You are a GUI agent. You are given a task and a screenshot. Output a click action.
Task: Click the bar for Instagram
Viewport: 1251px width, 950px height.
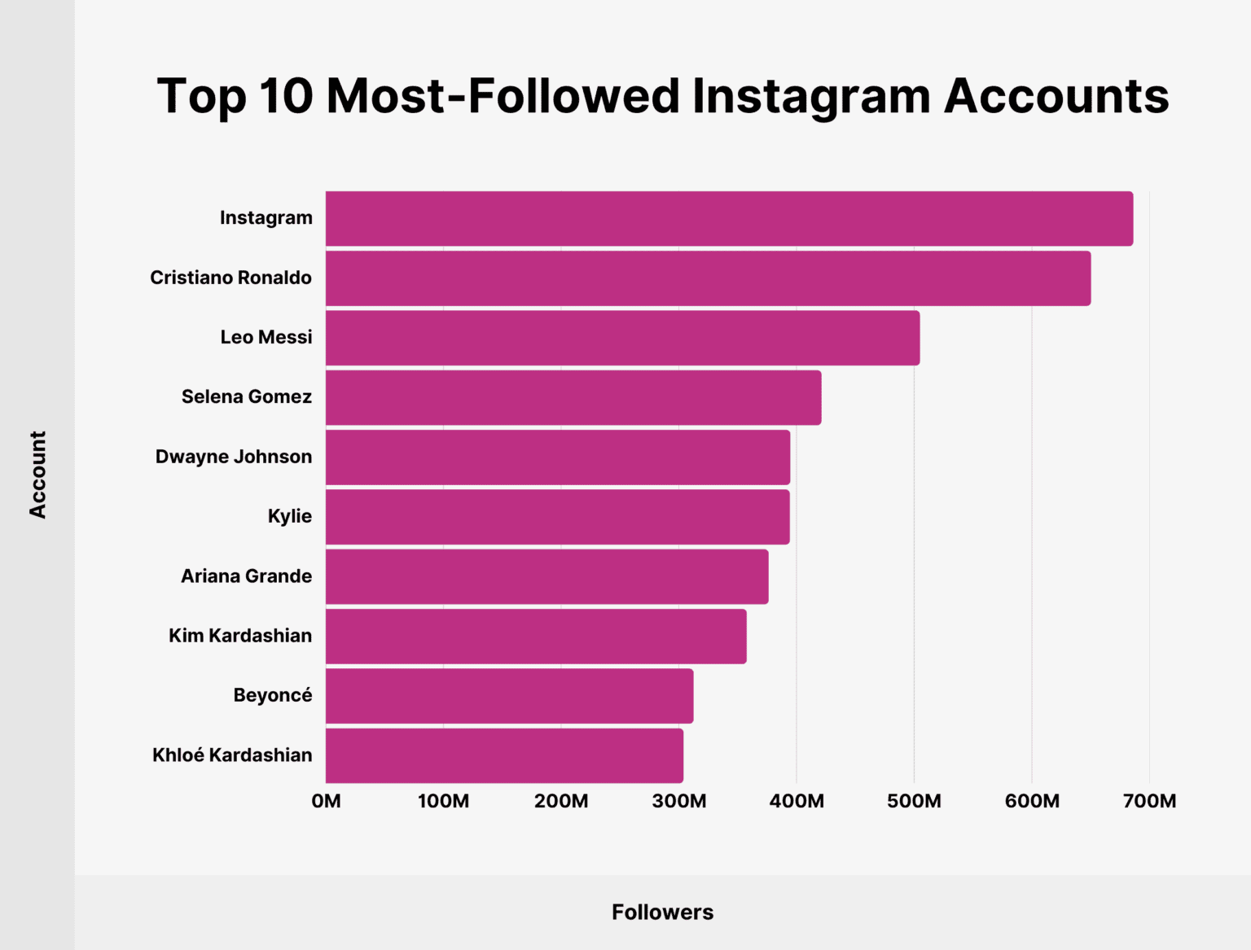coord(729,218)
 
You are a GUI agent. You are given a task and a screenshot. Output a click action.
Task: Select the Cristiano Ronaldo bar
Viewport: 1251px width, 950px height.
coord(708,278)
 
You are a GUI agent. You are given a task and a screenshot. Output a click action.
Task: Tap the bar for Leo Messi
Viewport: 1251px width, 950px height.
coord(622,338)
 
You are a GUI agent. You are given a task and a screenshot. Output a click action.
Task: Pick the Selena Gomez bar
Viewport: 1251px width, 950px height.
coord(573,397)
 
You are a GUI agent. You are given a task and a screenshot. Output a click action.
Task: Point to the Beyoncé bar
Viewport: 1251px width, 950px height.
coord(509,696)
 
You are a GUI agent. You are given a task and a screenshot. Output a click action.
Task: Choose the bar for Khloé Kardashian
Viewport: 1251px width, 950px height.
coord(504,755)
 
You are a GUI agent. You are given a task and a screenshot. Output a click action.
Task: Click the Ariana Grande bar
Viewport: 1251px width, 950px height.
coord(546,576)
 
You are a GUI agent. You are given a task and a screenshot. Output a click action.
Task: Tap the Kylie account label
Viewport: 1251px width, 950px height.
coord(290,516)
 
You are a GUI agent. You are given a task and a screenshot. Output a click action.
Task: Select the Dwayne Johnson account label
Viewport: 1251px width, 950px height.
coord(234,457)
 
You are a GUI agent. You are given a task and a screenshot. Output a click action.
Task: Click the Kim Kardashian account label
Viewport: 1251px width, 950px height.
coord(240,636)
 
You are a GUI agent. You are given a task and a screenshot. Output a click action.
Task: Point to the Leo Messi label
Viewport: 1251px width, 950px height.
coord(266,337)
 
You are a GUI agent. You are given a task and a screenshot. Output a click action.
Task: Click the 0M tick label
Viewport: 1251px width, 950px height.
coord(326,801)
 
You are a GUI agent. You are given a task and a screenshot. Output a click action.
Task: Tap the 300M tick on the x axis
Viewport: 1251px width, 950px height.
coord(679,801)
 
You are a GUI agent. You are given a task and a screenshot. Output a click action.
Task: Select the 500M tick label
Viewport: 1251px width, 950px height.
coord(914,801)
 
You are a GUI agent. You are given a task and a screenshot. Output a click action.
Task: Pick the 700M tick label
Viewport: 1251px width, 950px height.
coord(1149,801)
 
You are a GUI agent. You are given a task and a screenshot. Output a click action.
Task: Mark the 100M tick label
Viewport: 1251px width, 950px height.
coord(443,801)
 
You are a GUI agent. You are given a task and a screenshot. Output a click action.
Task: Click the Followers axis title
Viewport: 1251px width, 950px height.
coord(662,912)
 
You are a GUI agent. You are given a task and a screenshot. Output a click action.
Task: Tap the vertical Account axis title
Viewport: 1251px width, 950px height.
coord(37,475)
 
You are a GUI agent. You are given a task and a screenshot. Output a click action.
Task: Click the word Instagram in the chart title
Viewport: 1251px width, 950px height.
coord(810,96)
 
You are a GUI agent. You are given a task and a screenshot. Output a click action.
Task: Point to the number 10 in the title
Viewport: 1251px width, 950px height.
coord(286,96)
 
